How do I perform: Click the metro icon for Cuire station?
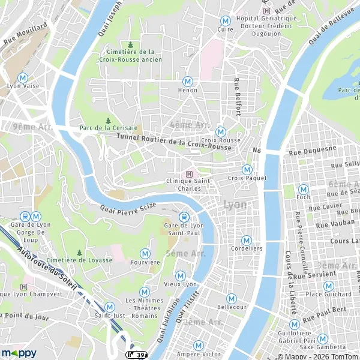(226, 20)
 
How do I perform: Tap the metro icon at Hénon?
(188, 81)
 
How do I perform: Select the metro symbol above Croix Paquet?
(247, 169)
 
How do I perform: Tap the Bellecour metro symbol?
(232, 298)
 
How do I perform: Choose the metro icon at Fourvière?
(145, 253)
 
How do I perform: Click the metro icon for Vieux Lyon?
(181, 275)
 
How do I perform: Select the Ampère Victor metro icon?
(199, 345)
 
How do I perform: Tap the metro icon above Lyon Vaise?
(23, 77)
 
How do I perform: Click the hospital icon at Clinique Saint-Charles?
(190, 173)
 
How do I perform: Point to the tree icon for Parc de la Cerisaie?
(108, 120)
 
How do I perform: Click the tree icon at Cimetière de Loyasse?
(79, 253)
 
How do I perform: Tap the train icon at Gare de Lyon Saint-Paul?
(184, 217)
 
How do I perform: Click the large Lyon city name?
(234, 205)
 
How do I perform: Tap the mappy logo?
(19, 353)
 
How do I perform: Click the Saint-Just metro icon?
(109, 307)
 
